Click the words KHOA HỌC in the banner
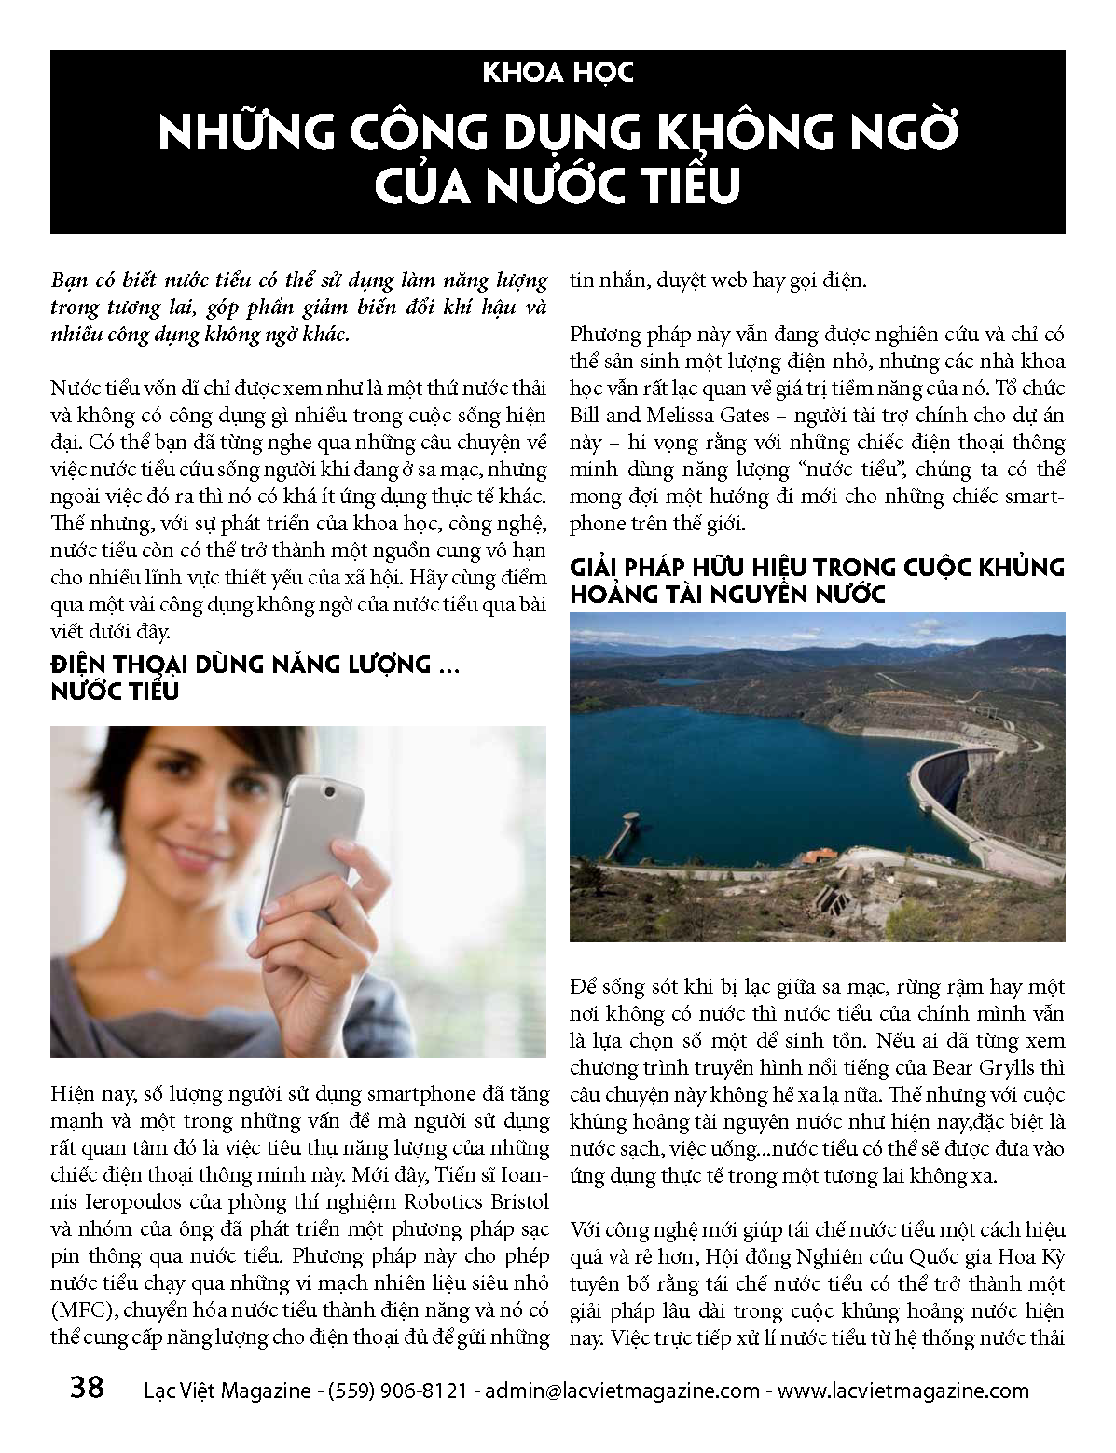coord(558,73)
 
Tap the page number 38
coord(87,1388)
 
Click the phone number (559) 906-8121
coord(397,1391)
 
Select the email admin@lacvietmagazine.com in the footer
coord(622,1391)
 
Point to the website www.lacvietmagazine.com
coord(902,1391)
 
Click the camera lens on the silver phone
coord(329,791)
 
